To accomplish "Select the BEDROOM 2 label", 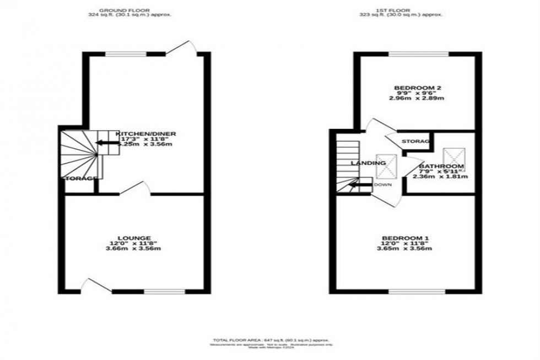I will (417, 88).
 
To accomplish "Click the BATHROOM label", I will (441, 166).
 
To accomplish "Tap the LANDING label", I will (369, 163).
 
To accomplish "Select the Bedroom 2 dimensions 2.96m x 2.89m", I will (417, 98).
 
